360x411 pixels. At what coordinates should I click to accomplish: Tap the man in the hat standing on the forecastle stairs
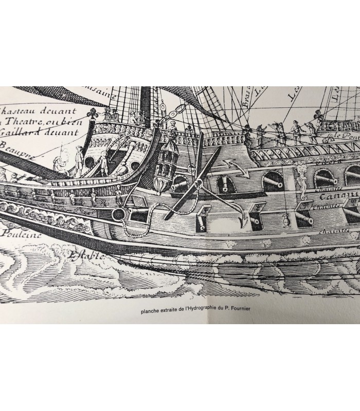101,163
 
